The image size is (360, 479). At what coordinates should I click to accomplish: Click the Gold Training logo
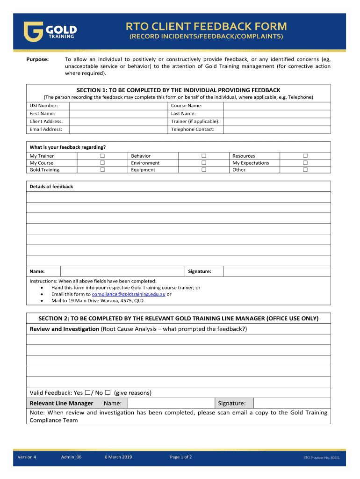click(50, 31)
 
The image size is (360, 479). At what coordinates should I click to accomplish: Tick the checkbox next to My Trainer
click(102, 156)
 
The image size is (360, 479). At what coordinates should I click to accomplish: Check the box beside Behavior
click(204, 156)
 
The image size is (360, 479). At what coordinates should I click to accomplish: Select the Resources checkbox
click(305, 156)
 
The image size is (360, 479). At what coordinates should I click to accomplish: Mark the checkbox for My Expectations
click(305, 163)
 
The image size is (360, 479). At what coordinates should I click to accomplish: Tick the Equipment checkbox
click(204, 170)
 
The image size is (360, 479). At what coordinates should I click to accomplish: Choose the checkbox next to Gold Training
click(102, 170)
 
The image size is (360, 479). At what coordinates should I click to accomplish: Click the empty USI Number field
click(118, 106)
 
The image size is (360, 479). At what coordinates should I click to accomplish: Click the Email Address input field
click(118, 130)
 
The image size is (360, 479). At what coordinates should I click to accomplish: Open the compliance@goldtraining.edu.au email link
click(129, 294)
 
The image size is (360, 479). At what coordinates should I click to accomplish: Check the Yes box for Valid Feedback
click(87, 393)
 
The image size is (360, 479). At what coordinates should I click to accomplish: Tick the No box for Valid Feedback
click(108, 393)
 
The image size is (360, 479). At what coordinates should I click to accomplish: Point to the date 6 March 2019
click(118, 457)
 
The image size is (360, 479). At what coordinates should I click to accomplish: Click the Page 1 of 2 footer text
click(181, 457)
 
